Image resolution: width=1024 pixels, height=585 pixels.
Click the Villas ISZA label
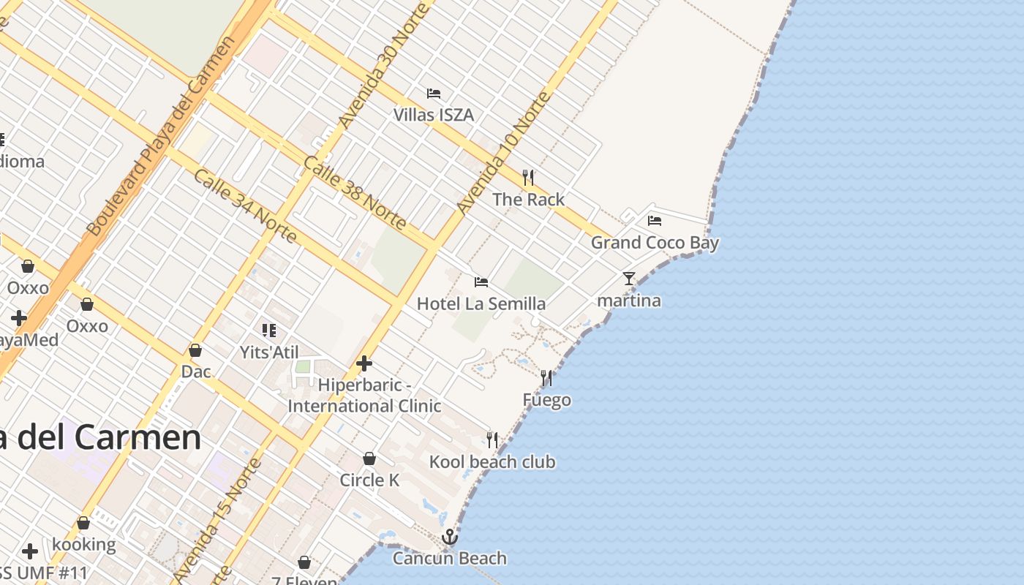[x=434, y=115]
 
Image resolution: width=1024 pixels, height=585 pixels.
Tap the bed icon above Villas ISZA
[x=434, y=94]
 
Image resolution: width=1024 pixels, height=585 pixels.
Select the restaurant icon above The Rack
[x=528, y=177]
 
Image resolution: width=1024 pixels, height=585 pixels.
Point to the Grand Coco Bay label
[x=655, y=243]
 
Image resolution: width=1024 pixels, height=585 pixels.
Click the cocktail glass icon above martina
[x=629, y=279]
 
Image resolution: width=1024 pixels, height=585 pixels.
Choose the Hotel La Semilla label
[x=481, y=303]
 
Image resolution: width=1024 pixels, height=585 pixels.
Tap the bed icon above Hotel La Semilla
[x=481, y=282]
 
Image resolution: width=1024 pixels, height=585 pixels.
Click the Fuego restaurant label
[x=547, y=400]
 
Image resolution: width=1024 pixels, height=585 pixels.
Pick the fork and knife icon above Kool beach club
[x=492, y=439]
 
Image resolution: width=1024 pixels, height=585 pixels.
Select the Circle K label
[x=369, y=480]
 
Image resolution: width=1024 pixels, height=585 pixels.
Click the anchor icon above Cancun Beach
[x=450, y=537]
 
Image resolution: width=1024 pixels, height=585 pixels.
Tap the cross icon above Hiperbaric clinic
[x=364, y=363]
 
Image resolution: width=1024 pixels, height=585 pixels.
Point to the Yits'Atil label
[x=269, y=352]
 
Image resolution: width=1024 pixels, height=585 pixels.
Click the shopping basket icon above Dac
[x=195, y=350]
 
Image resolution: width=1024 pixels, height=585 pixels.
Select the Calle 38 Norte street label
[x=355, y=192]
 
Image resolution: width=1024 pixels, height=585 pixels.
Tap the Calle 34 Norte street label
[x=245, y=206]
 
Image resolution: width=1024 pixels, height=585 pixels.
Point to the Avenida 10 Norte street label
[x=503, y=153]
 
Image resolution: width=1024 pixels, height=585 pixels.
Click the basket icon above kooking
[x=83, y=524]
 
